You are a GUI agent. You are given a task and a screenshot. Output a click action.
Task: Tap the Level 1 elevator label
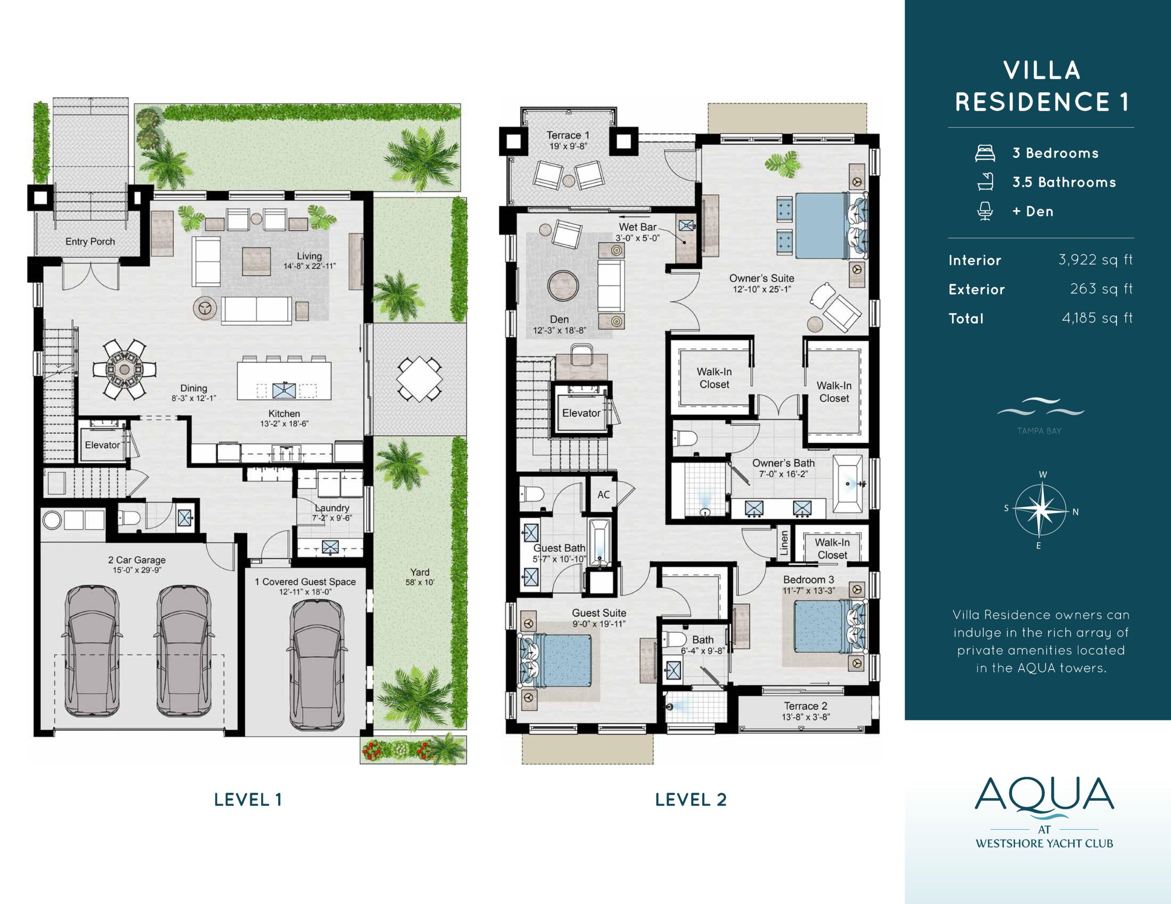(x=102, y=445)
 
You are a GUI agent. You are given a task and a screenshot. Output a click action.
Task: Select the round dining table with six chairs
(x=124, y=370)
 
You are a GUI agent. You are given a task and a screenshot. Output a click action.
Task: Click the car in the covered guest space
(x=317, y=665)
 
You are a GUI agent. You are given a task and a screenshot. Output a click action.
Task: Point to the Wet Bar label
(x=638, y=227)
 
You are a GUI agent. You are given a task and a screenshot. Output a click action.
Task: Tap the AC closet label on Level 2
(x=604, y=495)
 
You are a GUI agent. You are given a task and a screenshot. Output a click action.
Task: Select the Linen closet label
(x=784, y=543)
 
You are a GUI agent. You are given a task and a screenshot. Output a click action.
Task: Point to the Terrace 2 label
(x=806, y=706)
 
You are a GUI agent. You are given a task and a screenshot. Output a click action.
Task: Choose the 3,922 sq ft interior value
(x=1096, y=260)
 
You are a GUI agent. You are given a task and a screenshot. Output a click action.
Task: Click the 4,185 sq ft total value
(x=1097, y=318)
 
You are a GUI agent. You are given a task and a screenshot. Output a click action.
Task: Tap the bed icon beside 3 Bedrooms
(x=985, y=153)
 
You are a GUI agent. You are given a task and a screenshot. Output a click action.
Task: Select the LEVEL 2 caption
(x=691, y=799)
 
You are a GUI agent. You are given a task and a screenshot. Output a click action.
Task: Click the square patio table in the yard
(x=419, y=379)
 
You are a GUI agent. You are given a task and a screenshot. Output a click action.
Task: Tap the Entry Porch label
(x=90, y=242)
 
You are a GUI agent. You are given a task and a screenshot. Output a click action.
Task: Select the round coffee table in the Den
(x=563, y=285)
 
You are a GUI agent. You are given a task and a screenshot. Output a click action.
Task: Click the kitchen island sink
(x=284, y=391)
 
